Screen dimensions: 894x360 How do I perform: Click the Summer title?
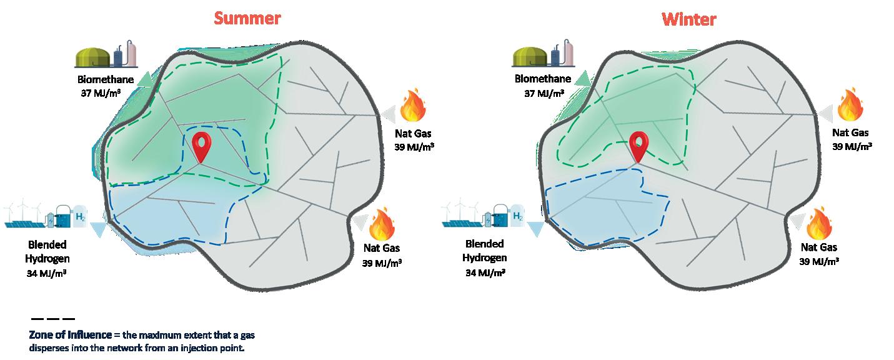[x=247, y=18]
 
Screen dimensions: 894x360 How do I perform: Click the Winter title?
[x=688, y=19]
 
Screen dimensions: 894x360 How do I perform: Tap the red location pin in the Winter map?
[x=638, y=146]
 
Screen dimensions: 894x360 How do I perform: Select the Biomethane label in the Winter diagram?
[x=542, y=79]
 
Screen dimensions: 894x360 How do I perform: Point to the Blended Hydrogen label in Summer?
[x=47, y=251]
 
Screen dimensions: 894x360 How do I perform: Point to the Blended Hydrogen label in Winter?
[x=484, y=251]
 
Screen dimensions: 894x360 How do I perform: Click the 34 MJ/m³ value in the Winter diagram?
[x=485, y=273]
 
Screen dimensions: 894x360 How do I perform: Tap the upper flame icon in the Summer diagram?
[x=414, y=107]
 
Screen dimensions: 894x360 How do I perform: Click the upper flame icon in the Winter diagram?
[x=850, y=106]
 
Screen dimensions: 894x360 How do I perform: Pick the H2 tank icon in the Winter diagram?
[x=518, y=216]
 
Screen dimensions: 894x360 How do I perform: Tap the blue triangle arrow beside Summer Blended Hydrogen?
[x=98, y=230]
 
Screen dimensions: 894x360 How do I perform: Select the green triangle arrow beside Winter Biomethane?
[x=581, y=78]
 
